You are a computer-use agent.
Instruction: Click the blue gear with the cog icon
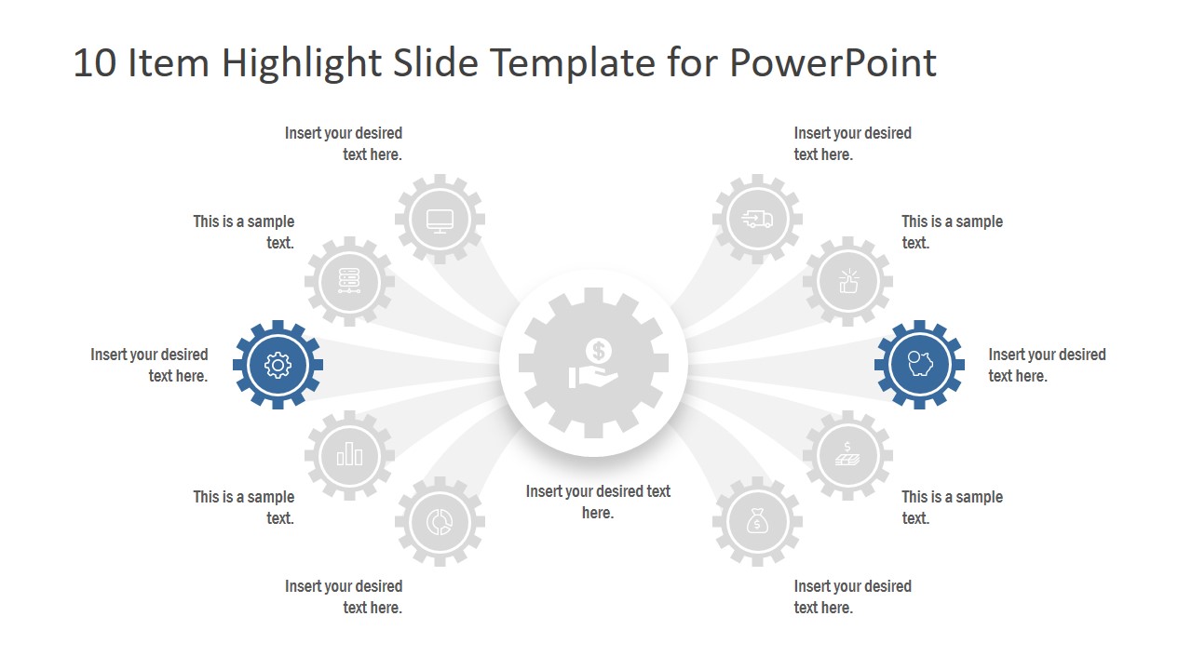[278, 365]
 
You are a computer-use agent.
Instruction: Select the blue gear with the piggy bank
[919, 365]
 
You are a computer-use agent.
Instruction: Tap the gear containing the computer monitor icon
[440, 220]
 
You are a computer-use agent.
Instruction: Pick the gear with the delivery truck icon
[757, 220]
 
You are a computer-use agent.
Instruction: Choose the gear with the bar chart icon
[349, 455]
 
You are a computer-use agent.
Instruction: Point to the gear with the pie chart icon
[440, 522]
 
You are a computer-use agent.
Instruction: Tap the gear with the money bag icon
[757, 522]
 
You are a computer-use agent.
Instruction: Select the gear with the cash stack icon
[847, 455]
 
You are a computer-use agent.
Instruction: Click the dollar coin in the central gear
[598, 351]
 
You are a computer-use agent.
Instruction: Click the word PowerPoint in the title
[833, 63]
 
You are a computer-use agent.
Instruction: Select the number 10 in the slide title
[94, 63]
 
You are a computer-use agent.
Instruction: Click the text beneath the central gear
[598, 502]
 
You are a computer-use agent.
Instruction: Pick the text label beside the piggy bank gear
[1047, 365]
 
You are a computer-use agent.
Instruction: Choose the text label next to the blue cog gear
[149, 365]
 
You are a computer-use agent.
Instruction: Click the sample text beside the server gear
[244, 232]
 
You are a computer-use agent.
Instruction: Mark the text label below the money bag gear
[852, 596]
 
